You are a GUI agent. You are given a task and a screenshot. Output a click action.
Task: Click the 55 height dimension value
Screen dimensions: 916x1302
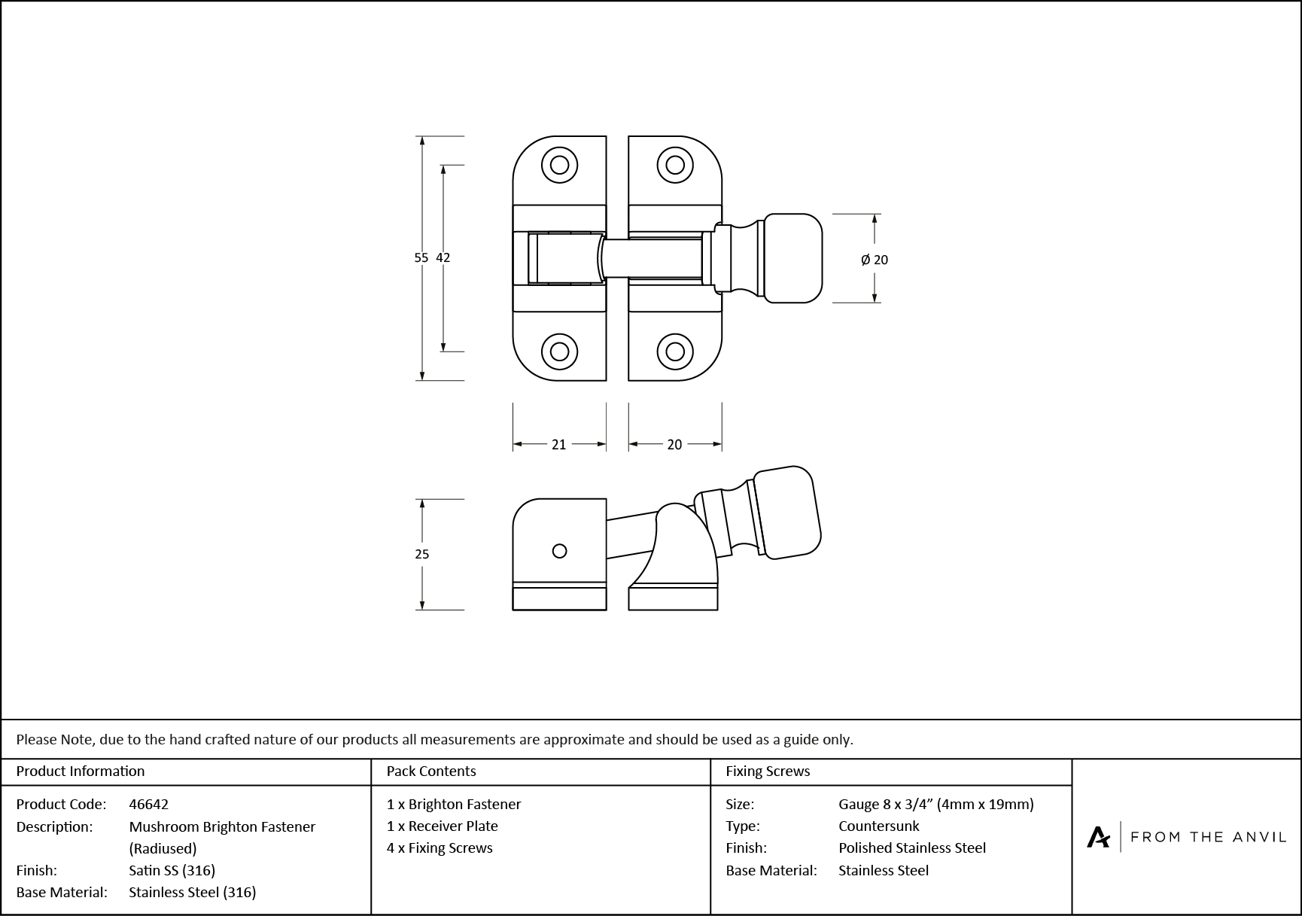pyautogui.click(x=421, y=257)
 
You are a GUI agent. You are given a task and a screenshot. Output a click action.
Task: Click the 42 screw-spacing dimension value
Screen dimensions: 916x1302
pyautogui.click(x=443, y=257)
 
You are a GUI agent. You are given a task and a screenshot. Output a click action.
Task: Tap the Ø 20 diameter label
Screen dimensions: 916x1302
pyautogui.click(x=875, y=260)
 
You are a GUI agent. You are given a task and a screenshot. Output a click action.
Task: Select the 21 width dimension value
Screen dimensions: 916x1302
pyautogui.click(x=558, y=445)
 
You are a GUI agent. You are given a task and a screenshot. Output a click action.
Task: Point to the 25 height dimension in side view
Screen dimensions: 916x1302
pyautogui.click(x=421, y=554)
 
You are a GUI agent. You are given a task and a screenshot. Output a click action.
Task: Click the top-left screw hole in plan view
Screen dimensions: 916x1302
pyautogui.click(x=559, y=165)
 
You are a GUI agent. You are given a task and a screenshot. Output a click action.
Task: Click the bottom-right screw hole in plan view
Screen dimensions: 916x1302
pyautogui.click(x=675, y=351)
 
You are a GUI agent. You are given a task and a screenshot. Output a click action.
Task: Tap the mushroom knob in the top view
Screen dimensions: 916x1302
pyautogui.click(x=792, y=258)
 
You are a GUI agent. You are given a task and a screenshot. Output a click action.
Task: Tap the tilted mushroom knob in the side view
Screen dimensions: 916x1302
pyautogui.click(x=786, y=513)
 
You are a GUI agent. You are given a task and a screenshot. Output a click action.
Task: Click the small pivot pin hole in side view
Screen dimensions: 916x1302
pyautogui.click(x=559, y=551)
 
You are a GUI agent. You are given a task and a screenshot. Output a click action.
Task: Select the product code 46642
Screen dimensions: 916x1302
pyautogui.click(x=148, y=804)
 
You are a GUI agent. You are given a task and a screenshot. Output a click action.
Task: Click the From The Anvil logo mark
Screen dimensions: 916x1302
pyautogui.click(x=1098, y=837)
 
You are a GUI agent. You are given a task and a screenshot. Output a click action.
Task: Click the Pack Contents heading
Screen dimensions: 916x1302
pyautogui.click(x=430, y=771)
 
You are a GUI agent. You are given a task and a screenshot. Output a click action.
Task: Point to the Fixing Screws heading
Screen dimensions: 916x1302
pyautogui.click(x=768, y=771)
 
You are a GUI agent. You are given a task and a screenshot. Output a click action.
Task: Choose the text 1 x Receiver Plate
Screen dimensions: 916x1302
pyautogui.click(x=442, y=826)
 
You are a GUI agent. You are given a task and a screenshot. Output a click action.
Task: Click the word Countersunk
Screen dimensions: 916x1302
pyautogui.click(x=878, y=826)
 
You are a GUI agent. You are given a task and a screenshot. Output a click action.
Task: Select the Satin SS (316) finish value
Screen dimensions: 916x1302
pyautogui.click(x=172, y=870)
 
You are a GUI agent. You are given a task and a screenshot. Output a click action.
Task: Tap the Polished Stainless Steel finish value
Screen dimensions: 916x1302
pyautogui.click(x=911, y=848)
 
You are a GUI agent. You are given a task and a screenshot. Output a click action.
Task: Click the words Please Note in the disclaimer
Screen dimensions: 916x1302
pyautogui.click(x=55, y=739)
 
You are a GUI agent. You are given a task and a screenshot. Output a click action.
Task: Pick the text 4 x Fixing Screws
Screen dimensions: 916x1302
pyautogui.click(x=440, y=848)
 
